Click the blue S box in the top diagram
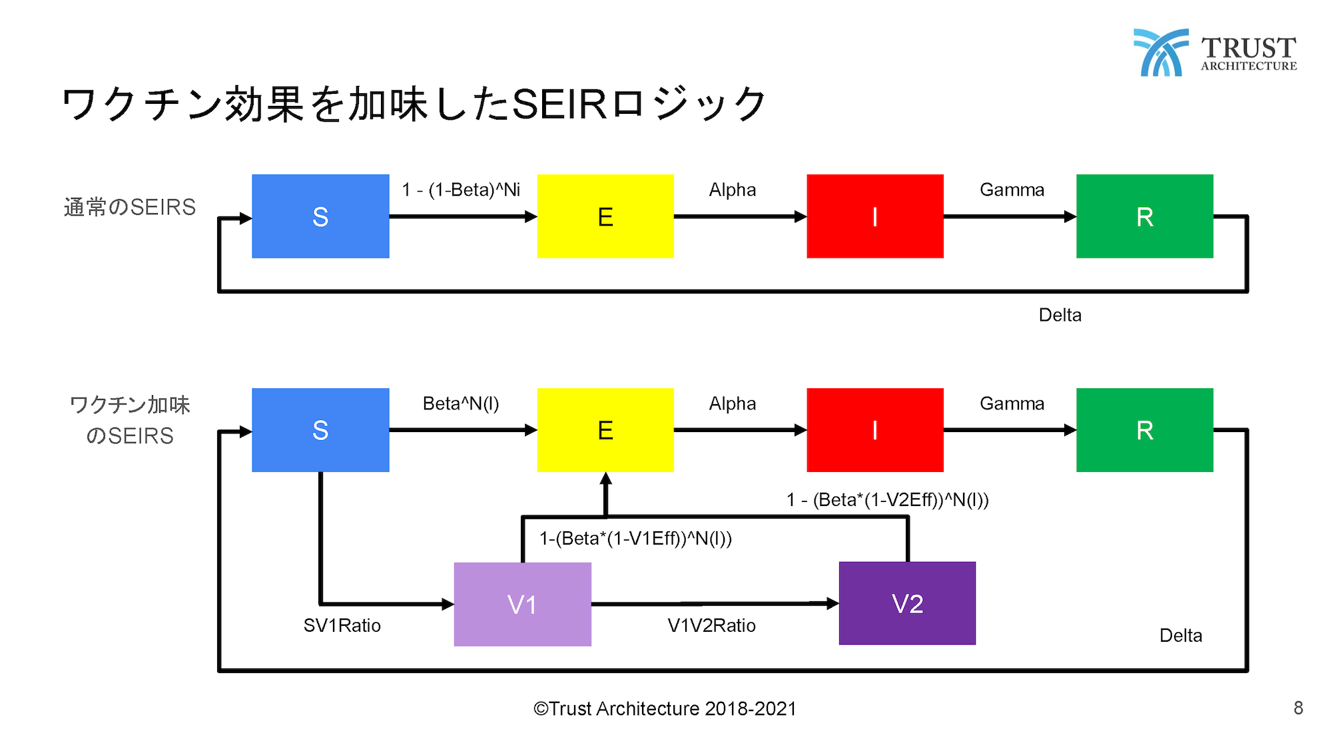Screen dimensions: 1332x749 (x=320, y=216)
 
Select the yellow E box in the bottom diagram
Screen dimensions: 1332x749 (x=605, y=430)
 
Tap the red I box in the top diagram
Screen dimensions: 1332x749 (x=875, y=216)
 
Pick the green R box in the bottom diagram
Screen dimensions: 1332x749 (x=1145, y=430)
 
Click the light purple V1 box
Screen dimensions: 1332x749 (x=523, y=604)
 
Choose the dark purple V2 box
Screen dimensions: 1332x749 (x=907, y=603)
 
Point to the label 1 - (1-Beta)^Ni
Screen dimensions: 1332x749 (x=461, y=190)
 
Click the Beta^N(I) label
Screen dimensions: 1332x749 (x=461, y=404)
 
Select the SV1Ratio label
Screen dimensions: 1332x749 (x=342, y=626)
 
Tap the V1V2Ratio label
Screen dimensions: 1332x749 (x=712, y=626)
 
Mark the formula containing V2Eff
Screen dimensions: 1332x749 (x=888, y=500)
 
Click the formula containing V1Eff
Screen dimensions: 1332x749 (x=635, y=539)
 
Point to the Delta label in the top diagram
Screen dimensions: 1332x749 (x=1060, y=315)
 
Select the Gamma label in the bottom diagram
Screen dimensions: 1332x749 (x=1012, y=403)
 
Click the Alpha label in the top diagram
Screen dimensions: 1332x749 (x=733, y=190)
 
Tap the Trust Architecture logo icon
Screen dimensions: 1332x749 (x=1161, y=52)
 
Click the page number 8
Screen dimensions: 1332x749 (x=1298, y=708)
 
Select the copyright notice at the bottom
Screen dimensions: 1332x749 (x=665, y=708)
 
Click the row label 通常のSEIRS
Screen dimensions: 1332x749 (x=130, y=207)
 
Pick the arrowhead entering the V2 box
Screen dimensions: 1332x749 (x=832, y=603)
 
